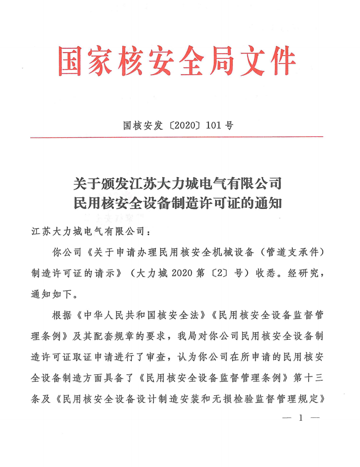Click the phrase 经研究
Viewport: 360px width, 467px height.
(301, 273)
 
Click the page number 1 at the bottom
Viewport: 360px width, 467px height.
(300, 419)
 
